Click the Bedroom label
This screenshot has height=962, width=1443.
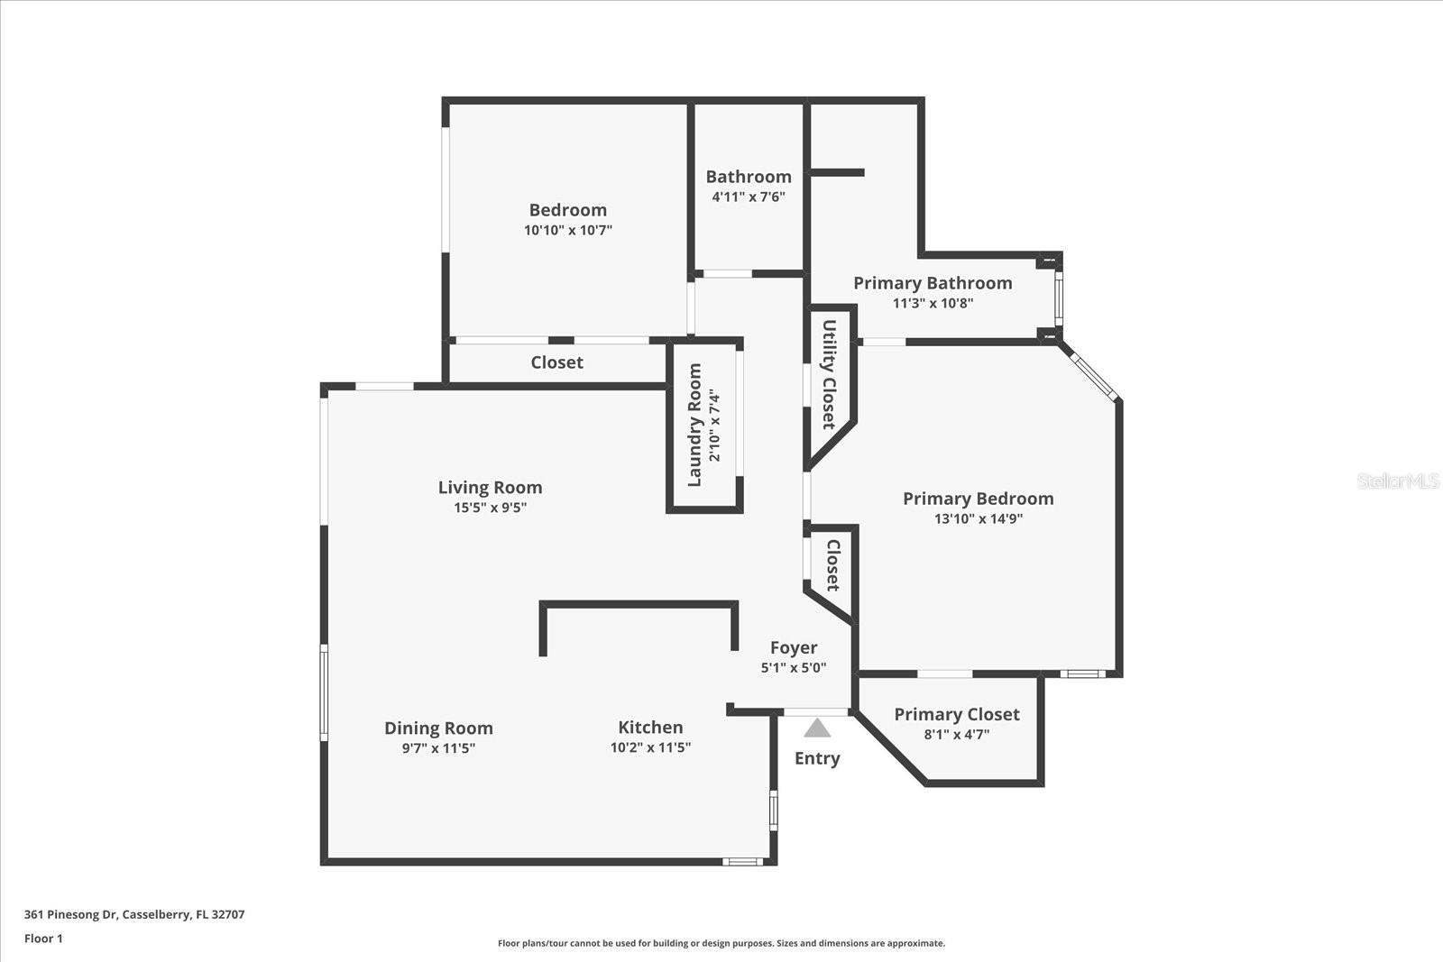pos(567,210)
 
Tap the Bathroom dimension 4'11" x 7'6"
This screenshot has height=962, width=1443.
pos(748,197)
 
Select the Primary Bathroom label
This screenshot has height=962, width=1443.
pos(933,283)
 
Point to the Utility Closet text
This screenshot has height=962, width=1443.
pos(829,374)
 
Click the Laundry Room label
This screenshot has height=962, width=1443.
pos(694,425)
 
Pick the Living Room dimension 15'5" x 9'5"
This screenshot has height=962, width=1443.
pos(490,508)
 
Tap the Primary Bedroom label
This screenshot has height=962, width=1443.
pos(978,499)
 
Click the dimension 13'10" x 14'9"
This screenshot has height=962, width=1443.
pos(978,518)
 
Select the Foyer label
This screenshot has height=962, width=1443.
pos(794,647)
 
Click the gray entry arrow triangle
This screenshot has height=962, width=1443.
pos(817,728)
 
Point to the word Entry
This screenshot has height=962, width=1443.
pos(817,758)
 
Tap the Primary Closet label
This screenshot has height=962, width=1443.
pos(956,714)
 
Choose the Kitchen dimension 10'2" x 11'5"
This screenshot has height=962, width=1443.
pos(650,747)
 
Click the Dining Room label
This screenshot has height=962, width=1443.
pos(438,728)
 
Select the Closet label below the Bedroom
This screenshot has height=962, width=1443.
pos(556,362)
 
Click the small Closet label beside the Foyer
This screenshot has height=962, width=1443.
pos(832,565)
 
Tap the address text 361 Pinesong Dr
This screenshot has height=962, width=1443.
pos(133,914)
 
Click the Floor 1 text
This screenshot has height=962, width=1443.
pos(43,939)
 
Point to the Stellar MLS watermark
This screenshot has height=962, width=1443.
pos(1397,481)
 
